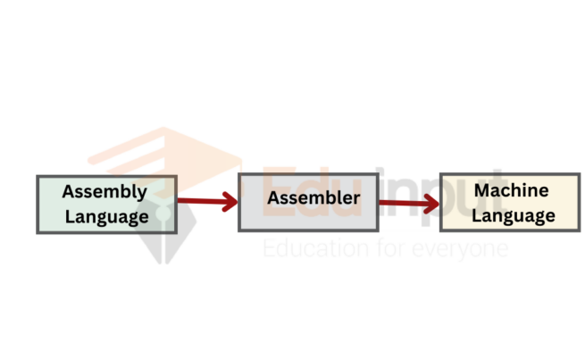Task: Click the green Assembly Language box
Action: (105, 204)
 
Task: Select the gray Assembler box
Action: (307, 203)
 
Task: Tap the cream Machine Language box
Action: (509, 203)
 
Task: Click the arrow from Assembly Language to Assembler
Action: (205, 201)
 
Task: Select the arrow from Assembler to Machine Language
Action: (407, 204)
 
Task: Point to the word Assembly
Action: (104, 192)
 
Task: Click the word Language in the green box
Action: (105, 216)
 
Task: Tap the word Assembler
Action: (313, 197)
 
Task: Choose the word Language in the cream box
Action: (514, 215)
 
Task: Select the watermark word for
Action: (384, 247)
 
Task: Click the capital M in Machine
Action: (482, 190)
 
